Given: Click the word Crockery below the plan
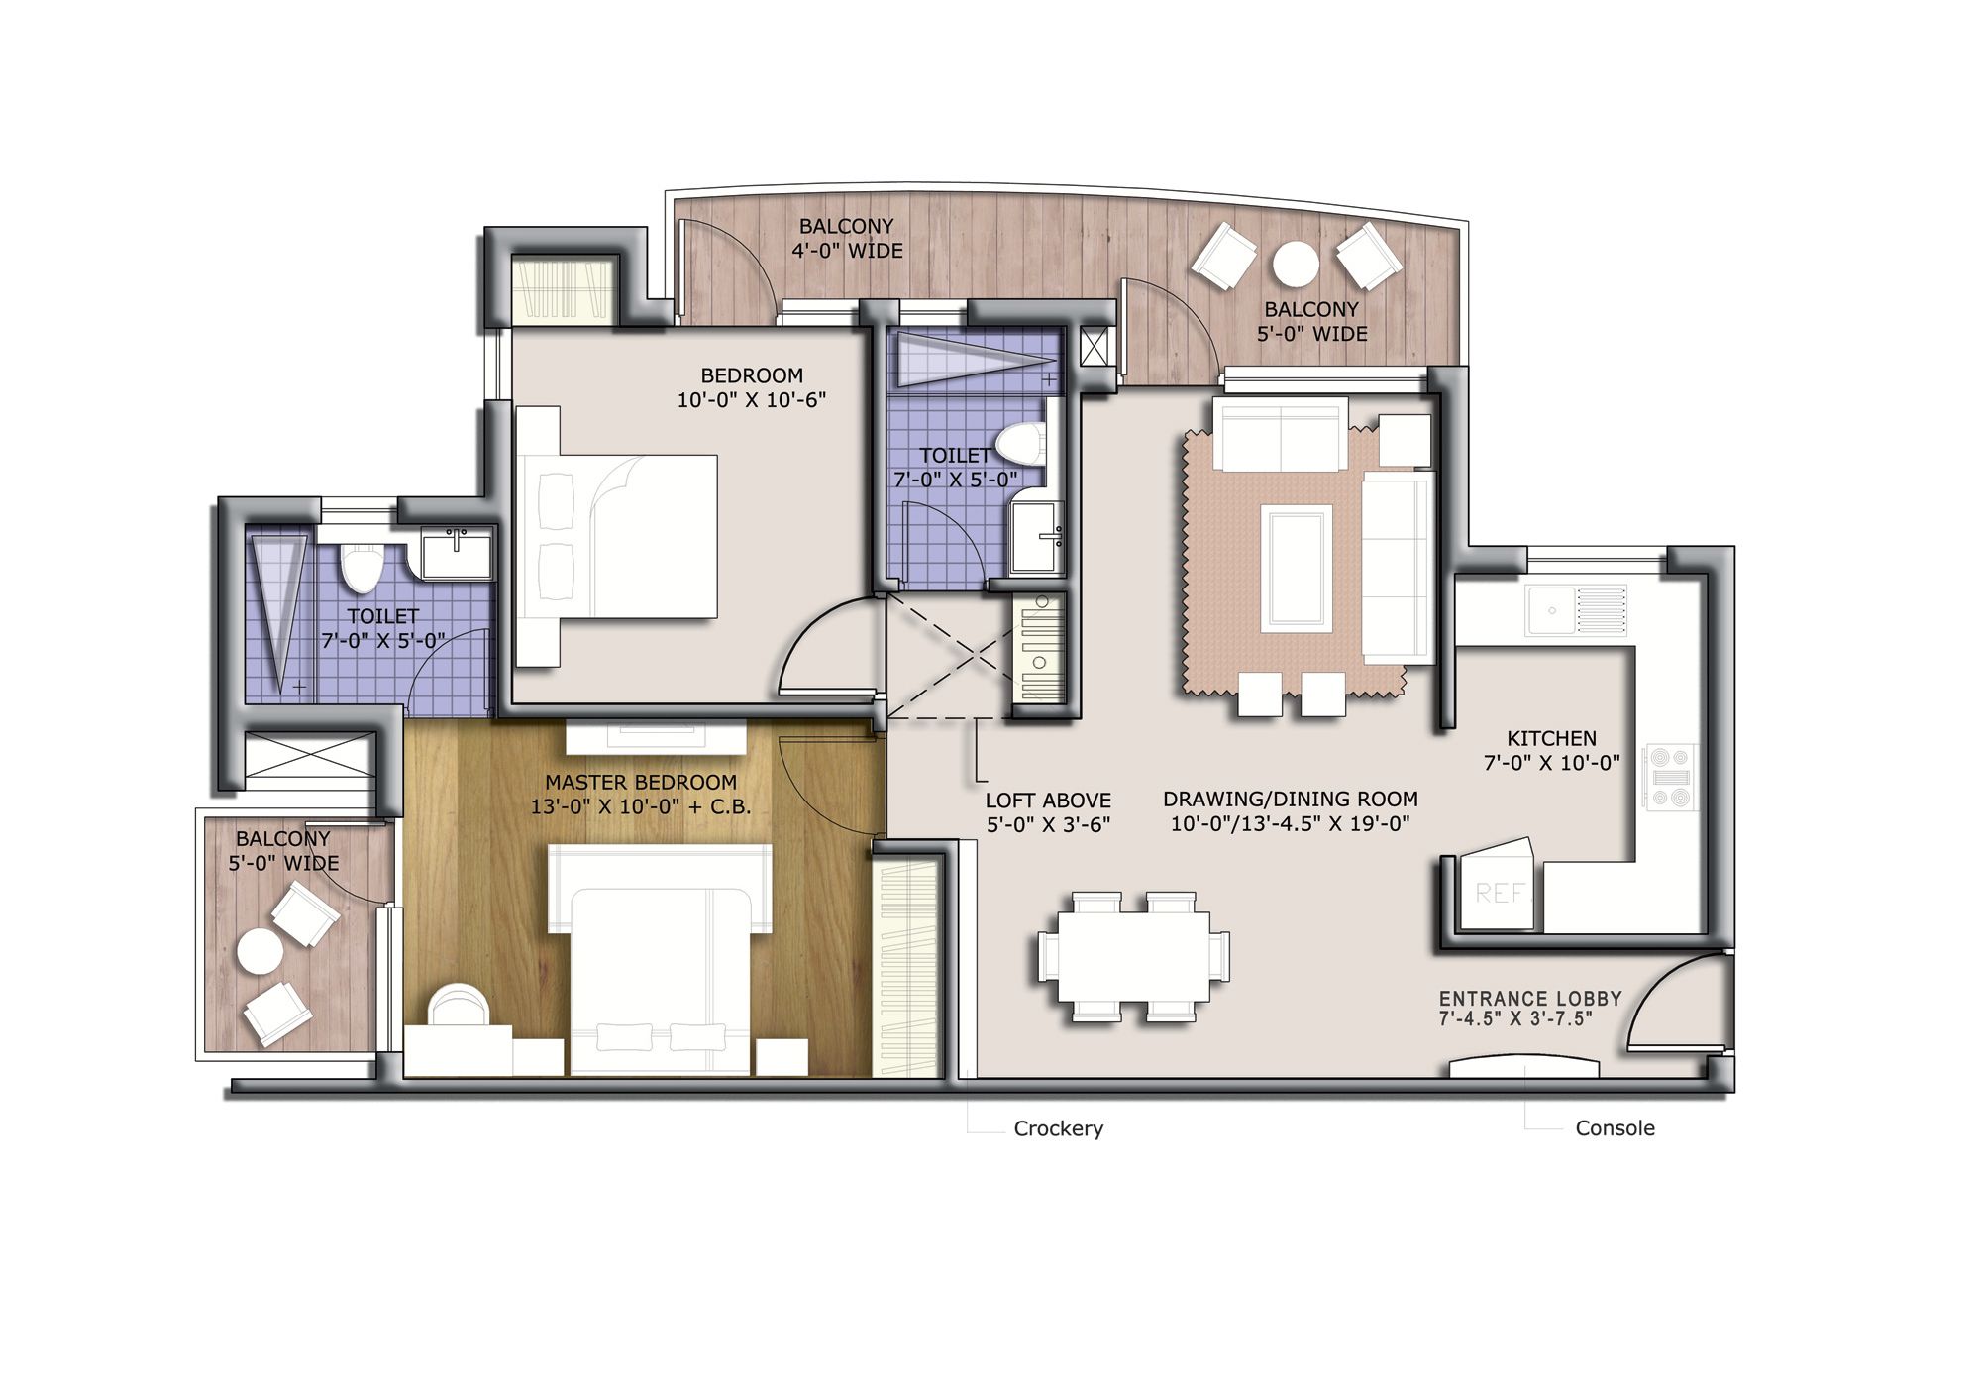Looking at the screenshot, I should click(1058, 1128).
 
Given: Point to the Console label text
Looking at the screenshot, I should click(1615, 1128).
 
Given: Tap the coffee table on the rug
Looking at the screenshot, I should click(1296, 568).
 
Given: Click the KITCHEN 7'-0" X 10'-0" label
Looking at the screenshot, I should click(1551, 750).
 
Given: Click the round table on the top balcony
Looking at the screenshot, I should click(1296, 264).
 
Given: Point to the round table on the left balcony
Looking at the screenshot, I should click(261, 953).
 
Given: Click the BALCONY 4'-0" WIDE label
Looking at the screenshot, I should click(847, 239).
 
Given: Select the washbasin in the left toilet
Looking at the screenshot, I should click(457, 553).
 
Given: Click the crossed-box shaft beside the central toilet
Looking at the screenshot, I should click(1095, 347).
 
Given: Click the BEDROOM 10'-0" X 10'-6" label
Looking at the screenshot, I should click(751, 387).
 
